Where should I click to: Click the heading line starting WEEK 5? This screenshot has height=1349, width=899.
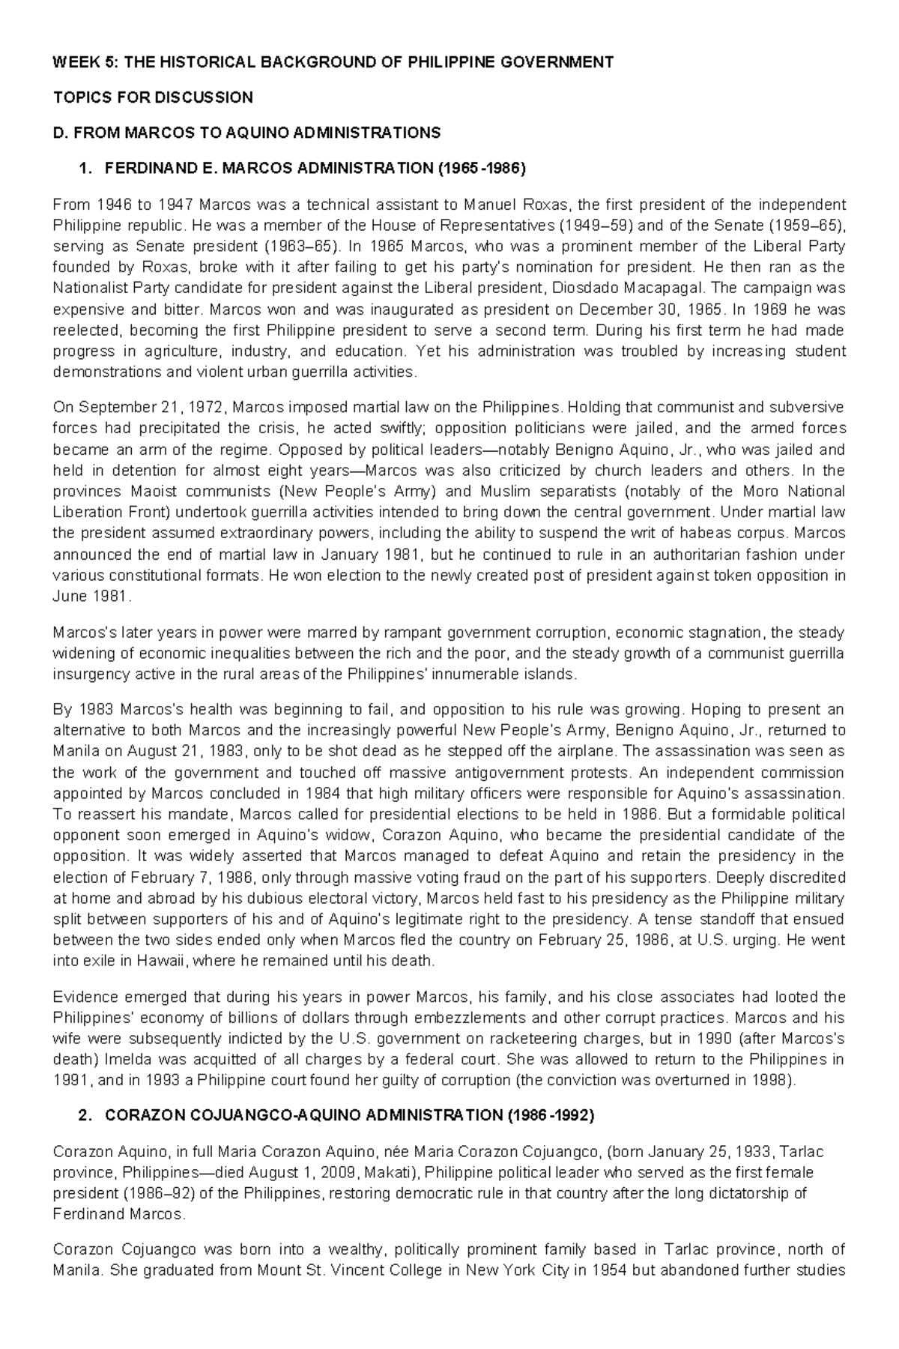click(333, 62)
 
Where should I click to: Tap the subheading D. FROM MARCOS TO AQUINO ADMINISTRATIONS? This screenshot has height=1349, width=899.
click(246, 133)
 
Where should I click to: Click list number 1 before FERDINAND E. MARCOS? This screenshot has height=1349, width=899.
click(82, 169)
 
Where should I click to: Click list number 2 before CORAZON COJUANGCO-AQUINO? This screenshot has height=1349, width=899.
click(82, 1115)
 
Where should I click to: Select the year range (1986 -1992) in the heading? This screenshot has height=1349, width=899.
click(550, 1115)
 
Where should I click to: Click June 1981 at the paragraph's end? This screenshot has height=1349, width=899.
click(90, 597)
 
